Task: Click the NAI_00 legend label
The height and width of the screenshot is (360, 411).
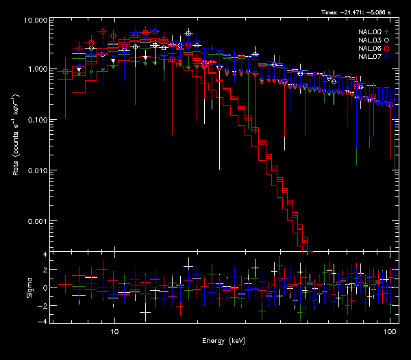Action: [371, 32]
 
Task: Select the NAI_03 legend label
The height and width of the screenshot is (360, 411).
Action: [371, 40]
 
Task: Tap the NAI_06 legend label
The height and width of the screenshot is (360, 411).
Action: [371, 49]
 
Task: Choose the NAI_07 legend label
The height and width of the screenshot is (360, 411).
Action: [371, 57]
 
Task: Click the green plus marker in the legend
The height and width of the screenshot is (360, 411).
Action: [387, 32]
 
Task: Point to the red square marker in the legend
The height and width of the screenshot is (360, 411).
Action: [387, 49]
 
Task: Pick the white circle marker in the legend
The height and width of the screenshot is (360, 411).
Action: [387, 40]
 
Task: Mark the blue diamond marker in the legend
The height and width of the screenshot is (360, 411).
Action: [387, 57]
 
